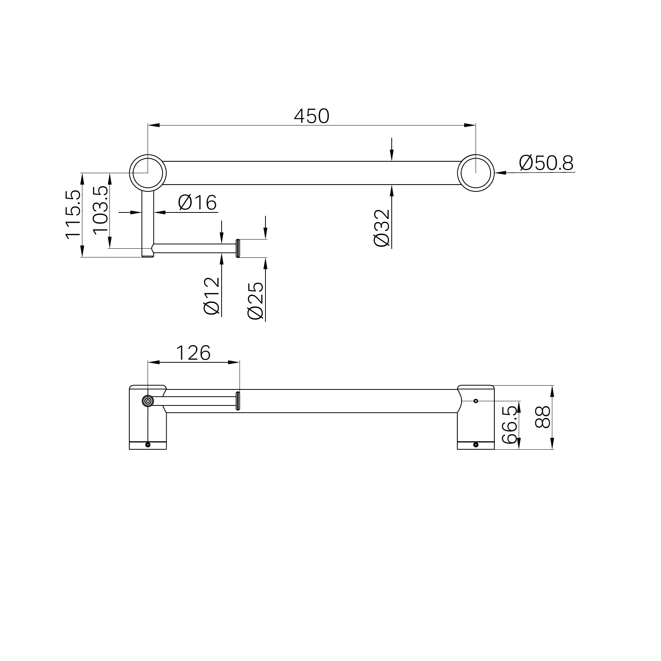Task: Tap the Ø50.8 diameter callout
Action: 546,163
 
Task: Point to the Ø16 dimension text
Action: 197,202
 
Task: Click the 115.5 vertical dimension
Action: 73,215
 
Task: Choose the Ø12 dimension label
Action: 212,296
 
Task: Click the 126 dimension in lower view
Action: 193,353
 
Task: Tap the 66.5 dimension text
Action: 510,425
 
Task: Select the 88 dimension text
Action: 543,417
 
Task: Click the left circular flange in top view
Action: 148,172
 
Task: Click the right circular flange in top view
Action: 476,172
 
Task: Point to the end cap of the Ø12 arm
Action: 238,248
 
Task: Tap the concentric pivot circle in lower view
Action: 148,401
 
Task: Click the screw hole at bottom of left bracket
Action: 148,445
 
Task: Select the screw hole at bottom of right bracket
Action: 476,445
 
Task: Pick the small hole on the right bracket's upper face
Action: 476,401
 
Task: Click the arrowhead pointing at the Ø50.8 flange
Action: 500,173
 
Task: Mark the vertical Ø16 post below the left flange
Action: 148,221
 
